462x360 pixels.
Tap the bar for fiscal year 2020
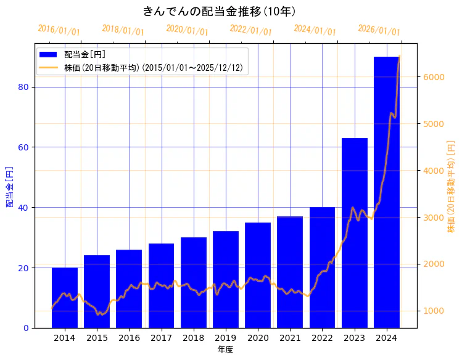click(258, 275)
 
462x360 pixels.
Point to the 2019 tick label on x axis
click(226, 338)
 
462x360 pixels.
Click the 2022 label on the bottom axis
click(322, 338)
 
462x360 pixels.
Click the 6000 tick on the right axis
click(432, 77)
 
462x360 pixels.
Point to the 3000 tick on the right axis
click(432, 217)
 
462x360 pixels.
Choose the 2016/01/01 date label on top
click(59, 30)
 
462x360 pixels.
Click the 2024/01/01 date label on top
click(315, 30)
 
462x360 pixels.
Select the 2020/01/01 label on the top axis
click(187, 30)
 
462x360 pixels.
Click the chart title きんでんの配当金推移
click(220, 11)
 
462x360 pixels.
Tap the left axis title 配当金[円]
click(9, 186)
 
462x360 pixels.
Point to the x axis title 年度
click(225, 350)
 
